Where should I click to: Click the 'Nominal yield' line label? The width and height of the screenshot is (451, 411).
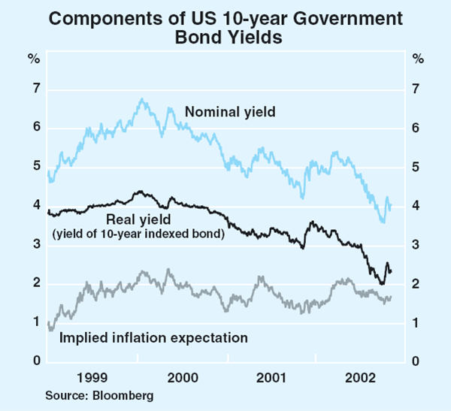coord(230,113)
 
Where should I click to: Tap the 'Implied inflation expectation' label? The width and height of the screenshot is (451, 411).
coord(153,338)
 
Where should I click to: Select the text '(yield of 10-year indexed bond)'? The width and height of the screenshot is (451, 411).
coord(139,234)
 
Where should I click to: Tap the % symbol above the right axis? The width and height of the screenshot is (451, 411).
coord(418,59)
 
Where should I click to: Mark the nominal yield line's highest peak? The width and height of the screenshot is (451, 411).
coord(141,98)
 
